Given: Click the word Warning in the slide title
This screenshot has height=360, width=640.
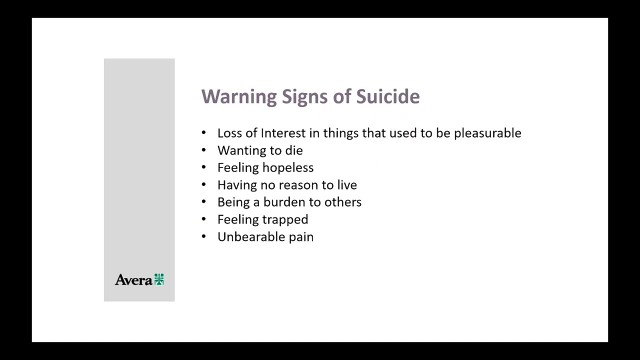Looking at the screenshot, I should pos(238,96).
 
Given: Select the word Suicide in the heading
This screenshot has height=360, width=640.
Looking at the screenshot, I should pos(387,96).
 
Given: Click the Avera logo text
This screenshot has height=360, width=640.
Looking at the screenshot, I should pos(133,280).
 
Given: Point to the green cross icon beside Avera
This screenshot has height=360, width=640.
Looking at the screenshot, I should pos(159,279).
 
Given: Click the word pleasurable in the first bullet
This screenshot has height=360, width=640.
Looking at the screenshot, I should pos(487,133).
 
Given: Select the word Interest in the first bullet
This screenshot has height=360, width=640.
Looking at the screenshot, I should pos(282,133).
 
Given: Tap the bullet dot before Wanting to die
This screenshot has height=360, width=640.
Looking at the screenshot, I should pos(203,150).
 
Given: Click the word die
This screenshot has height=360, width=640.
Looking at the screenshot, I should pos(294,150).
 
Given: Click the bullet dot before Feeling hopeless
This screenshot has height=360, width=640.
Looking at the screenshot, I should pos(203,167).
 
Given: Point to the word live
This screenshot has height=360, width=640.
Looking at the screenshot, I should pos(347,185).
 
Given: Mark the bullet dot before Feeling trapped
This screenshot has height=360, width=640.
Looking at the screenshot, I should pos(203,219).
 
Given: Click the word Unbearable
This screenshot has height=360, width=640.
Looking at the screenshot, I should pos(242,236).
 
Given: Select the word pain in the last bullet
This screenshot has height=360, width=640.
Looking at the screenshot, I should pos(301,237).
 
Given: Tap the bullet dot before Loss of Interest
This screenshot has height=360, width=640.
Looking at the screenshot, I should pos(203,133).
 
